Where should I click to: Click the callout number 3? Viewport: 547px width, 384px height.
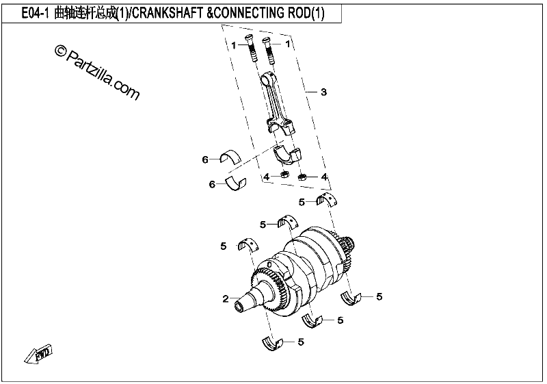(x=323, y=92)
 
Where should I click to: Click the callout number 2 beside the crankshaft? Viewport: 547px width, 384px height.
(x=226, y=299)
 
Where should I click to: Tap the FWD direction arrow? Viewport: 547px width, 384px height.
(x=38, y=355)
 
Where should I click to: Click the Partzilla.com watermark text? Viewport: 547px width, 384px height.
(x=97, y=73)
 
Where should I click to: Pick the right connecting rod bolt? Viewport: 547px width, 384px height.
(x=268, y=51)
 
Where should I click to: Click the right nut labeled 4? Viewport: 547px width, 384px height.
(x=302, y=177)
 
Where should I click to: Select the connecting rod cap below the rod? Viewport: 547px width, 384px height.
(x=286, y=154)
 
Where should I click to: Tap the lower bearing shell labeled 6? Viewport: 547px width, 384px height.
(x=236, y=184)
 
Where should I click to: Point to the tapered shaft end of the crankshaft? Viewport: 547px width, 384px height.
(x=247, y=303)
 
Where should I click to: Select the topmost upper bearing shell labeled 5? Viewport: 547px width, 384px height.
(x=327, y=199)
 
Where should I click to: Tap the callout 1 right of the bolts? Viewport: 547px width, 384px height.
(x=287, y=44)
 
